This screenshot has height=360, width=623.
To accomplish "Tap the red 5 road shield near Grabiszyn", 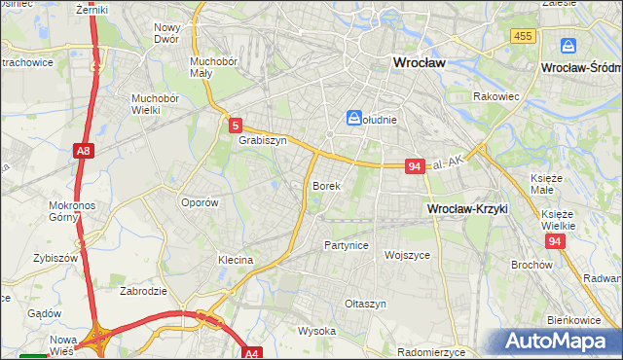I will coord(235,125).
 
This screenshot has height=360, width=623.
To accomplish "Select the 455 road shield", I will coord(522,36).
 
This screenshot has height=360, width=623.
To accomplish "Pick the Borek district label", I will coord(325,185).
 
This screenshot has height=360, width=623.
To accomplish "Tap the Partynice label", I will coord(346,245).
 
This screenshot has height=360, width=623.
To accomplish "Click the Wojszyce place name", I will coord(407,255).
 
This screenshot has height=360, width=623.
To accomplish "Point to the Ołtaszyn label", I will coord(365,304).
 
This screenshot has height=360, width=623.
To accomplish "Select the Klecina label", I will coord(236,261).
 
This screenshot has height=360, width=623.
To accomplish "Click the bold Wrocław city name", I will coord(418,61).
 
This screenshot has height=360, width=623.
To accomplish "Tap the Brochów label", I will coord(531,265).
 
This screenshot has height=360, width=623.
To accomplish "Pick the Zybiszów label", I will coord(55,258).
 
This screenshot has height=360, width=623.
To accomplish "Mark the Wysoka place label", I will coord(316,331).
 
